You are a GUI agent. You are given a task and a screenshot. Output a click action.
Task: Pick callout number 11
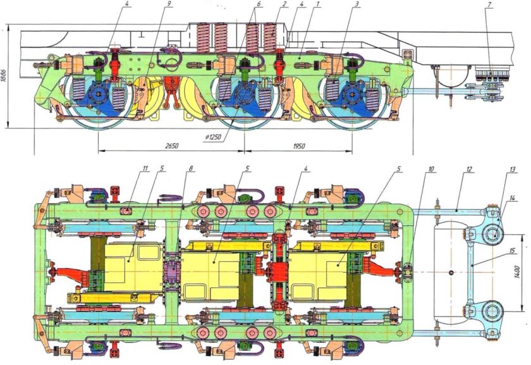[x=144, y=169]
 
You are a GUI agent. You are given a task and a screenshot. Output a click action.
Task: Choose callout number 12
[x=468, y=169]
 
